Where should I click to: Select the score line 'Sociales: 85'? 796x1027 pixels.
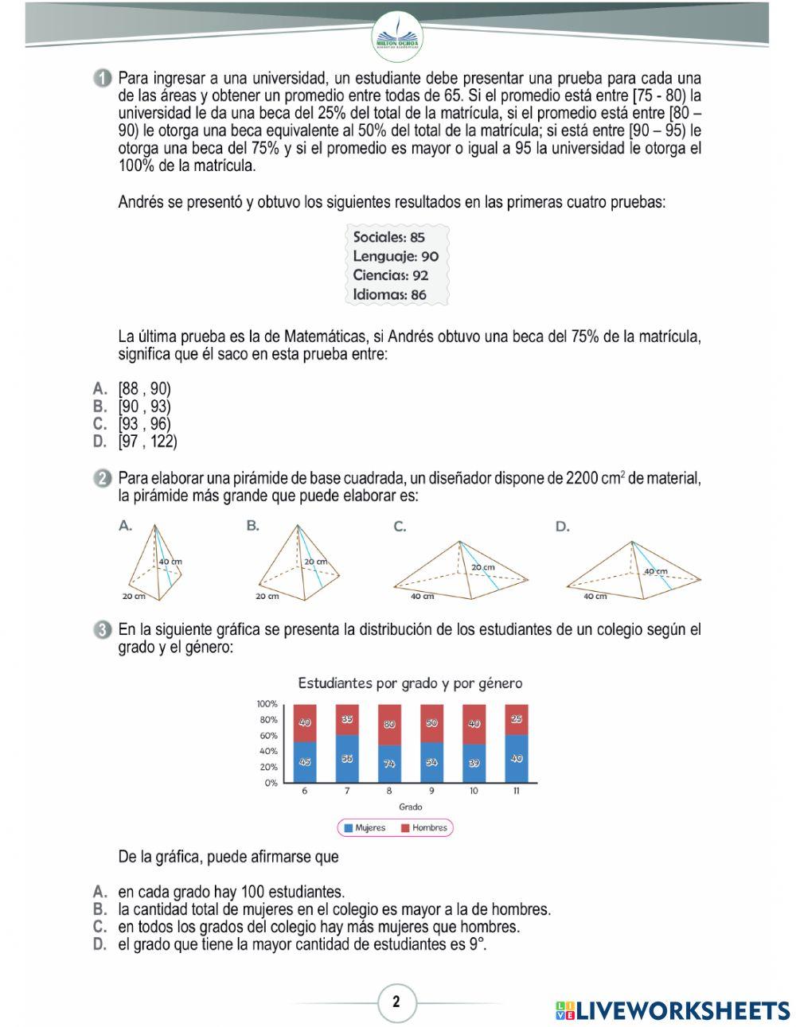coord(388,237)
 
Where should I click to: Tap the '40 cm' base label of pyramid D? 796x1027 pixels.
coord(595,596)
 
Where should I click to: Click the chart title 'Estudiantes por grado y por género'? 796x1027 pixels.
coord(410,683)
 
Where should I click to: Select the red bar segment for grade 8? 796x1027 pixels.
coord(389,725)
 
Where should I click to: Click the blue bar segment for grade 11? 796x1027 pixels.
coord(517,758)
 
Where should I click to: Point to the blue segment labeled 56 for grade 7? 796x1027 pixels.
coord(347,759)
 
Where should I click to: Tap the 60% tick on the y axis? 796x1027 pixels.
coord(267,736)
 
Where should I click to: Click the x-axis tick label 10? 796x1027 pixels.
coord(474,792)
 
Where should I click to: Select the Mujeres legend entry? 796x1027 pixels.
coord(365,828)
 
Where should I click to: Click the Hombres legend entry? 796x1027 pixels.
coord(423,828)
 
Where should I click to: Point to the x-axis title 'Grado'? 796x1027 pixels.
coord(410,807)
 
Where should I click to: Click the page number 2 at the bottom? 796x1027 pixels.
coord(396,1002)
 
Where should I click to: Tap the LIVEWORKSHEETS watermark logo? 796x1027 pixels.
coord(673,1010)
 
